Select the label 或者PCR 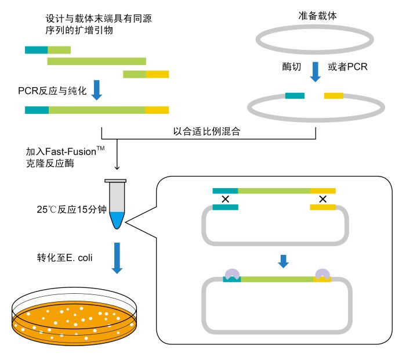point(347,67)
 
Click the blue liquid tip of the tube point(117,219)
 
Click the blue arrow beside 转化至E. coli point(117,258)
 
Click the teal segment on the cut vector point(295,95)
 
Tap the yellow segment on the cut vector point(333,95)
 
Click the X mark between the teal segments point(225,199)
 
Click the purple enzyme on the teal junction point(231,273)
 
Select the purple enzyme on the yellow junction point(322,273)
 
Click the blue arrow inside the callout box point(283,261)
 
